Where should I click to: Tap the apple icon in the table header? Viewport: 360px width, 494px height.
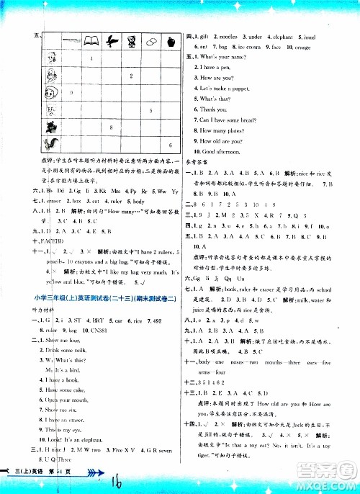point(170,42)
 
